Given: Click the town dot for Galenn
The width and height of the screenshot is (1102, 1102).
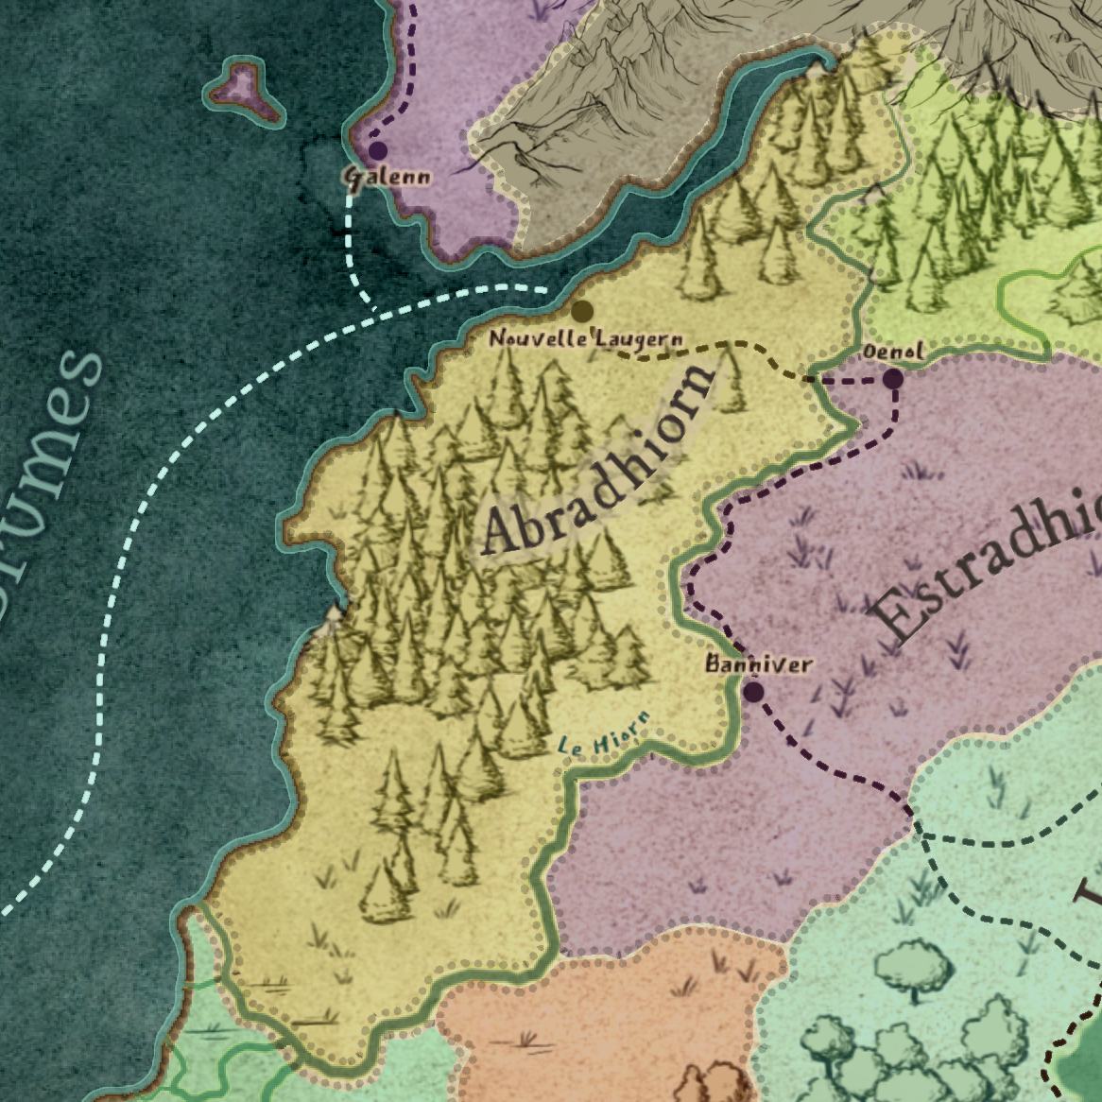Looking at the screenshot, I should point(378,150).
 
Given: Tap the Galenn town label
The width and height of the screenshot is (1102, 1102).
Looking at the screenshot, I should point(387,177).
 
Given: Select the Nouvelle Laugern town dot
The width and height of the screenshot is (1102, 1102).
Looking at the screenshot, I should point(582,311).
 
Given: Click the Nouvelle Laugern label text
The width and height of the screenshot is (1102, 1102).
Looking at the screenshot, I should point(586,338).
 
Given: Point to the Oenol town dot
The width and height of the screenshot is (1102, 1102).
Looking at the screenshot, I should point(892,380).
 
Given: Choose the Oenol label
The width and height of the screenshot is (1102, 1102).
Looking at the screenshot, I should point(893,352).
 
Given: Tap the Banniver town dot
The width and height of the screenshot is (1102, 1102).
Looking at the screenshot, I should point(753,692).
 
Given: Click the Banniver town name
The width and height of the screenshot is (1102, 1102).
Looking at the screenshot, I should point(759,664).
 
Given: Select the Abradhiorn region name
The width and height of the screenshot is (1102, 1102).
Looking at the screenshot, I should point(597,460).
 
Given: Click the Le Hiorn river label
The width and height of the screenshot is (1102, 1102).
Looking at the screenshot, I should point(605,733).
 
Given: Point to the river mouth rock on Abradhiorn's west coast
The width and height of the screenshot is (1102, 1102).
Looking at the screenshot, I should point(333,616).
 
